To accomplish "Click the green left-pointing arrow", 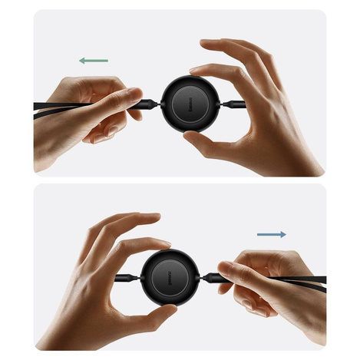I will pyautogui.click(x=93, y=60).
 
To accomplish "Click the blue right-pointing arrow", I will pyautogui.click(x=272, y=234).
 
